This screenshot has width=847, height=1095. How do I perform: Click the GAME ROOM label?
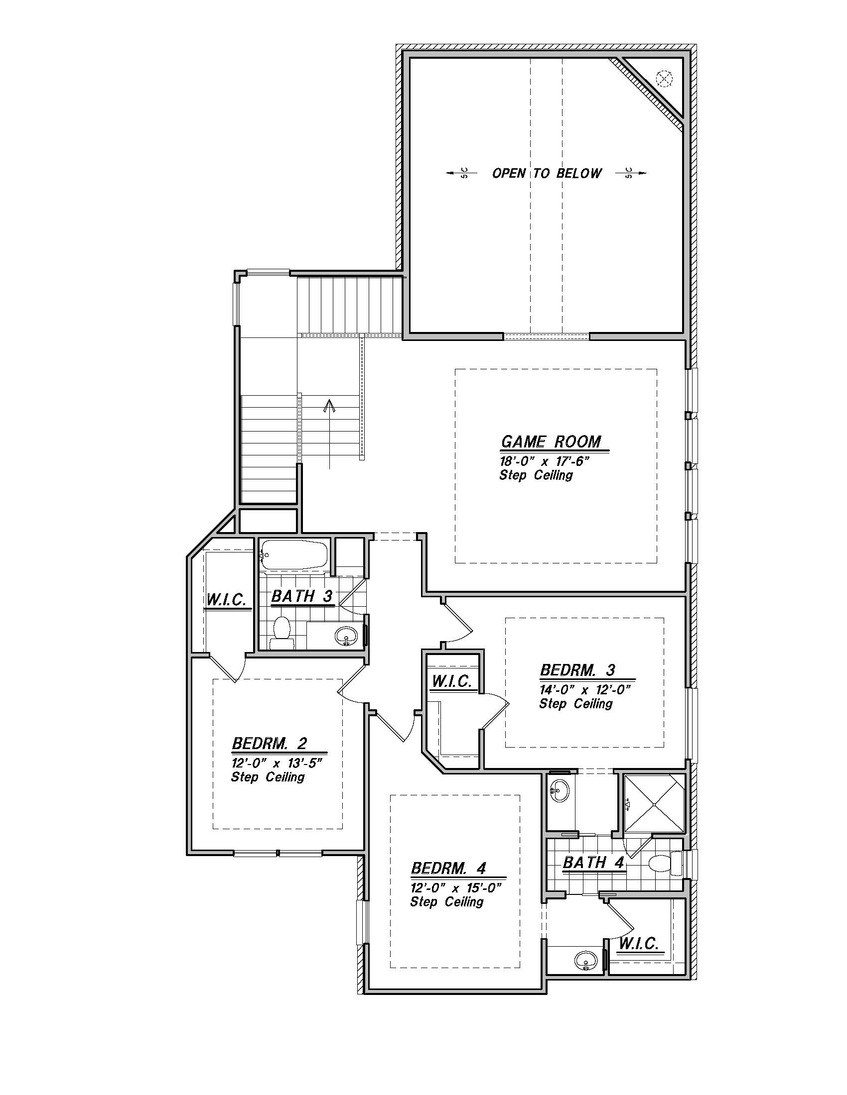click(x=551, y=441)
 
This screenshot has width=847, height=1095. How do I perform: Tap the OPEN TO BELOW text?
click(x=547, y=174)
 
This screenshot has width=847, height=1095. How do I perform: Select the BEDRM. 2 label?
click(x=277, y=743)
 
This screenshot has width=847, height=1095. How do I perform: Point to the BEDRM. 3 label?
click(x=577, y=670)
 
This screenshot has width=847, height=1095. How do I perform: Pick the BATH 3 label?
click(x=302, y=596)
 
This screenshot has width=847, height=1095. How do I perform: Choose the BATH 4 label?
click(x=593, y=863)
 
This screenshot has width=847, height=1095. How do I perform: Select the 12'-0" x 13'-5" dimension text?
click(x=276, y=763)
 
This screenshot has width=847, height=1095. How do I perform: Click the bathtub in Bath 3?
click(x=294, y=555)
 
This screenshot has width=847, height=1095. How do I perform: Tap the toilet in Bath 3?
click(x=282, y=633)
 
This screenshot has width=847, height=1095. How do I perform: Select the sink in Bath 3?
click(x=346, y=636)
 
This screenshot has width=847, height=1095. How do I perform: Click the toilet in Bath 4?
click(x=664, y=863)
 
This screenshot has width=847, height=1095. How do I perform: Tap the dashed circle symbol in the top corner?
click(x=664, y=78)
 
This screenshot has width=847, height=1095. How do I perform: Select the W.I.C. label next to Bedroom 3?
click(x=451, y=681)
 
